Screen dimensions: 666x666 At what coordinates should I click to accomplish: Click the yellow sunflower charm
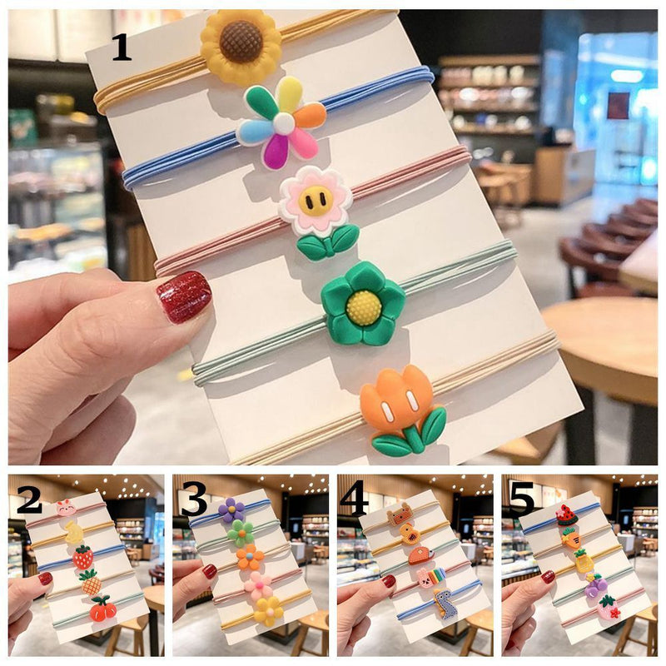click(x=241, y=45)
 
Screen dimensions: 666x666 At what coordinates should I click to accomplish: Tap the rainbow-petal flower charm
click(x=283, y=122)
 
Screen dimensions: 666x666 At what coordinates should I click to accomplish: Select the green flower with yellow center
click(x=363, y=303)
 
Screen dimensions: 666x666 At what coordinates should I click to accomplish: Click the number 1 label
click(x=122, y=47)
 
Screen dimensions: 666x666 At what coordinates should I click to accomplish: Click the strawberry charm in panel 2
click(x=82, y=557)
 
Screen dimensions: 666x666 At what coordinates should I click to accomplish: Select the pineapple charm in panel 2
click(x=91, y=583)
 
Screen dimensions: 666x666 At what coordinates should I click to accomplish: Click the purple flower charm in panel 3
click(x=231, y=508)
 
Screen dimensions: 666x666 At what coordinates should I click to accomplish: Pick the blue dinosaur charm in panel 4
click(x=445, y=603)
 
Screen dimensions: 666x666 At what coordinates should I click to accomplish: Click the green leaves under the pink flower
click(x=328, y=241)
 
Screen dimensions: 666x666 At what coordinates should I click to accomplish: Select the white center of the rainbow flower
click(x=283, y=123)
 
